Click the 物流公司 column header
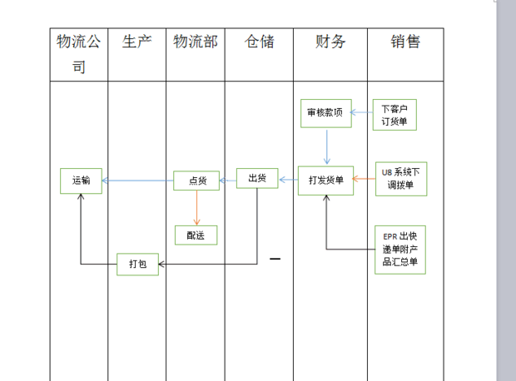tap(78, 54)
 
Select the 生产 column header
tap(136, 42)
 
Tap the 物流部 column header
tap(196, 42)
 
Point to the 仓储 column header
tap(259, 42)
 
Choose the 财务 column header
tap(330, 42)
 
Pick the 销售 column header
tap(405, 42)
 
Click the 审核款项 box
tap(325, 113)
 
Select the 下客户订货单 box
tap(394, 115)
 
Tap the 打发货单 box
tap(325, 180)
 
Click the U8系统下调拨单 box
tap(400, 178)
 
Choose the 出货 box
tap(257, 178)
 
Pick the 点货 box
tap(196, 181)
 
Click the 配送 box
tap(196, 235)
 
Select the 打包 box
tap(137, 265)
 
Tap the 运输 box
tap(81, 181)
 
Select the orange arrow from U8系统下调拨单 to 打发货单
tap(364, 179)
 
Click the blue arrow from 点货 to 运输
tap(137, 181)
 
